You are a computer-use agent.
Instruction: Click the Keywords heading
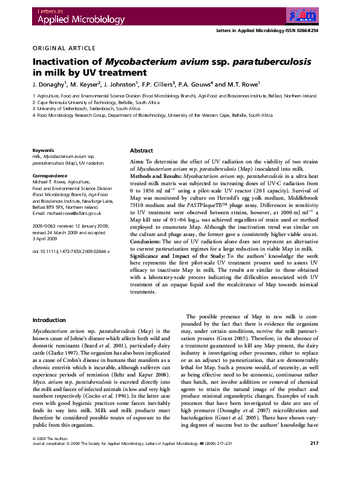tap(43, 150)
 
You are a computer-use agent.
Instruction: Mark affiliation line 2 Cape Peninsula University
tap(96, 103)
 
